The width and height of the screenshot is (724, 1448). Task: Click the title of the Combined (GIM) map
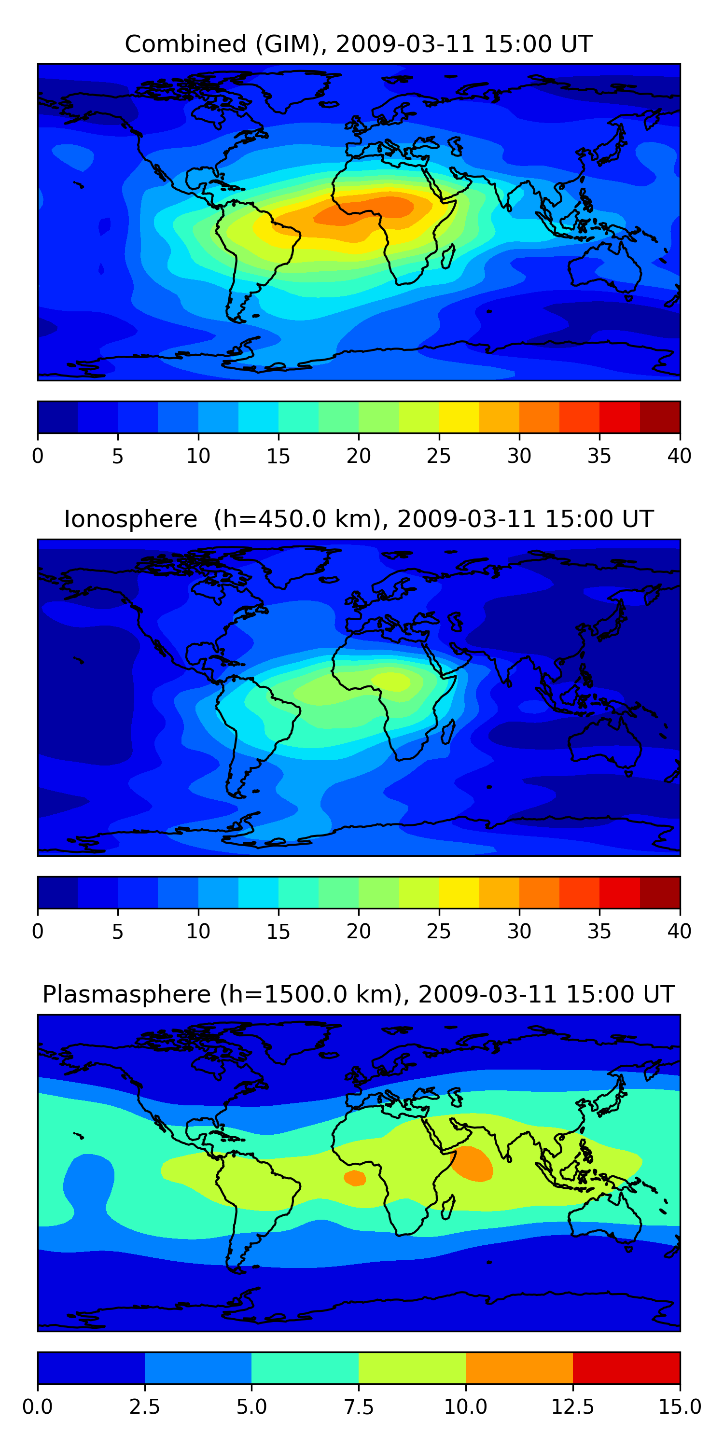(359, 44)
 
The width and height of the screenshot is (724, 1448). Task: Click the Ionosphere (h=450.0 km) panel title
(359, 519)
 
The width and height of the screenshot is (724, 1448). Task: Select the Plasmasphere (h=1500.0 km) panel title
(359, 994)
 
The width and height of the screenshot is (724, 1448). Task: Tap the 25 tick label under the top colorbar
(438, 456)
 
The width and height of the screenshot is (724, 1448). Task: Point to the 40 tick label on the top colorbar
(679, 456)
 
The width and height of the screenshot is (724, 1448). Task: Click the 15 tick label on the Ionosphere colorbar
(278, 932)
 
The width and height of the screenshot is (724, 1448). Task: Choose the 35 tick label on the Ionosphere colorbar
(599, 932)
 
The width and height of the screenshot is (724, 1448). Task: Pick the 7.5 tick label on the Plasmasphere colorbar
(359, 1407)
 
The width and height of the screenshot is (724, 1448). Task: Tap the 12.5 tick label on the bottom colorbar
(572, 1407)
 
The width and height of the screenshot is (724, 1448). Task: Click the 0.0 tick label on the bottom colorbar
(38, 1407)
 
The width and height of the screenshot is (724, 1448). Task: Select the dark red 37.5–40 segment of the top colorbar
(660, 417)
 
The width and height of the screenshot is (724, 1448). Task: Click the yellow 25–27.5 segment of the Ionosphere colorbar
(459, 892)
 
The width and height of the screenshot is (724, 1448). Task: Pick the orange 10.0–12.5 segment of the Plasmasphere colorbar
(519, 1367)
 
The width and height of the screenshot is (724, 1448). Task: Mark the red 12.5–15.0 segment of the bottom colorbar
(626, 1367)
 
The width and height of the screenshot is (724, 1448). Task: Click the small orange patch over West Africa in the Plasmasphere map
(355, 1178)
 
